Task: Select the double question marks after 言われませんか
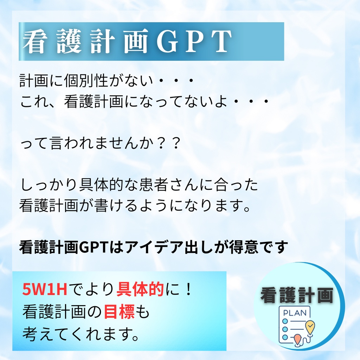168,144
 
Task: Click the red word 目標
119,311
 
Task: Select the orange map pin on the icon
298,340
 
